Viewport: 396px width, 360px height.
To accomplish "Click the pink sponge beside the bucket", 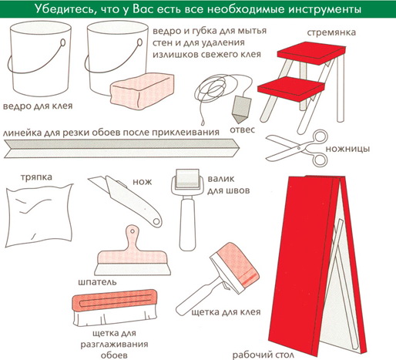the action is [x=142, y=91].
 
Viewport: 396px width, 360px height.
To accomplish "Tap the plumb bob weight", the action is [x=241, y=109].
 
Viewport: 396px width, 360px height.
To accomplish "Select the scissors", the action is [x=297, y=148].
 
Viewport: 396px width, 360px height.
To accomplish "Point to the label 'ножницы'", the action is [x=347, y=149].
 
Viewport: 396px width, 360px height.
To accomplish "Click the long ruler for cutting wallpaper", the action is [x=122, y=148].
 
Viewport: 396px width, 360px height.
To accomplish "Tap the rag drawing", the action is [x=39, y=215].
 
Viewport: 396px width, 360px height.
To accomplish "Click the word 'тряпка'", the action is [x=36, y=177].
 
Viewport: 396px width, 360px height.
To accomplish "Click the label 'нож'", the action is [x=142, y=182].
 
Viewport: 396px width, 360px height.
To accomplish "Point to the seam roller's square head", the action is [x=187, y=178].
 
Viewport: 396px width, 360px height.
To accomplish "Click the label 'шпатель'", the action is [x=97, y=282].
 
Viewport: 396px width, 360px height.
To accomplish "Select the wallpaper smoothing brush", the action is [x=115, y=308].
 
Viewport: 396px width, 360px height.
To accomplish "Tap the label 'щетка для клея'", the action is [x=226, y=312].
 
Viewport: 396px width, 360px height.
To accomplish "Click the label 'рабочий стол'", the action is [x=263, y=355].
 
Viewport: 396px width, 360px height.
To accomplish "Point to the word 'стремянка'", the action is [x=331, y=33].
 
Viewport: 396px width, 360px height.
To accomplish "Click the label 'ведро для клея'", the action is [x=38, y=106].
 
